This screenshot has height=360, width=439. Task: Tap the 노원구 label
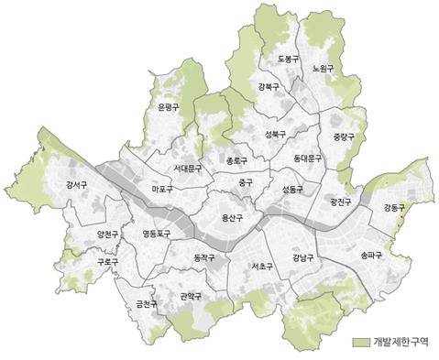tap(322, 69)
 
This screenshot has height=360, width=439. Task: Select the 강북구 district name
tap(269, 87)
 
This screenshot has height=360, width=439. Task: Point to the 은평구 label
tap(169, 108)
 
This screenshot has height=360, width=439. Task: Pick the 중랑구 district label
tap(343, 137)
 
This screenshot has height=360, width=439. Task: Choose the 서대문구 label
tap(189, 169)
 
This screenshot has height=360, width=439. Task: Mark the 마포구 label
tap(162, 190)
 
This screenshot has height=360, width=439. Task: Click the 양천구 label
tap(108, 235)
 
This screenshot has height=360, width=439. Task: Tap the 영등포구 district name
tap(156, 235)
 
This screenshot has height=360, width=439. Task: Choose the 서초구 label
tap(262, 267)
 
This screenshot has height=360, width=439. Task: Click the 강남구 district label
tap(302, 258)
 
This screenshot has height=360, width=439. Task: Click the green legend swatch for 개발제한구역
tap(361, 343)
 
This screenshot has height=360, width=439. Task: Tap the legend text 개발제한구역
tap(402, 343)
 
